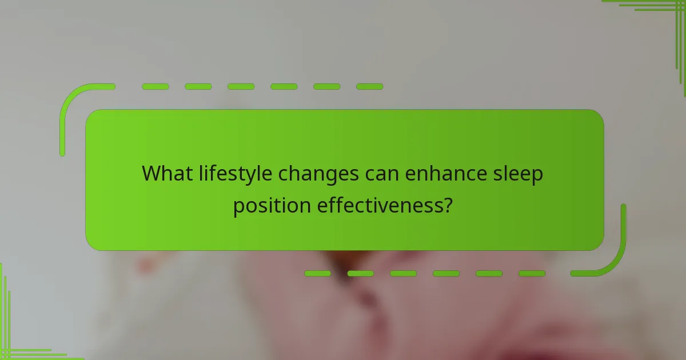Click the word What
pos(166,174)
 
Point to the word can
pos(382,174)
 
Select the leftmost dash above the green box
pos(155,87)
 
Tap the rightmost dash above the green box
pos(369,87)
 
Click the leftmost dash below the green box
pos(318,274)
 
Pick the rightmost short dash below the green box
pos(532,274)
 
